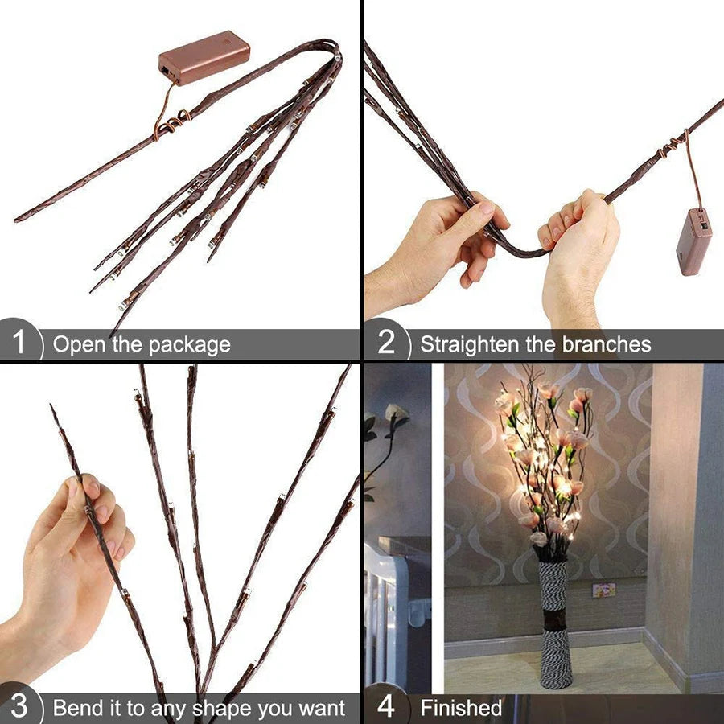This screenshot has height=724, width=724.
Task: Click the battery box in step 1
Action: [x=204, y=57]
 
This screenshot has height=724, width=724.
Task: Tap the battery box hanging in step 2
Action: [x=693, y=241]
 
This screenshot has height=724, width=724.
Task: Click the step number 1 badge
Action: [x=19, y=344]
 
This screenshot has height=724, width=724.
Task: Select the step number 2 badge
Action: [x=386, y=344]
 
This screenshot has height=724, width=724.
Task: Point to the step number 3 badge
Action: [x=19, y=708]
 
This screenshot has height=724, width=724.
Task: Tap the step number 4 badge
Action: [x=386, y=708]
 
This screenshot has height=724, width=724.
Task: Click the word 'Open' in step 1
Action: [x=78, y=345]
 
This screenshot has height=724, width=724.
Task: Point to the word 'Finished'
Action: [x=461, y=709]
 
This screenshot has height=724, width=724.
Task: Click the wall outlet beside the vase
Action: [x=603, y=590]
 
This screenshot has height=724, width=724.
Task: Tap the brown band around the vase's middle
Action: [x=554, y=620]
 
